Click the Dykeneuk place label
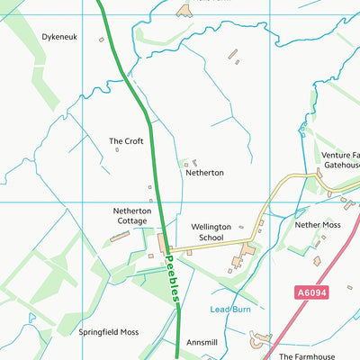[x=59, y=37]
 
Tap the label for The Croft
[x=126, y=141]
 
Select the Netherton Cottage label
[x=132, y=215]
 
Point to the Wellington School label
[x=211, y=232]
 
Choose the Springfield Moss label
[x=108, y=332]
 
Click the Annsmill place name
[x=202, y=343]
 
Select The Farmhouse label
[x=309, y=356]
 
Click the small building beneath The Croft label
[x=117, y=150]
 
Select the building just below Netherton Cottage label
[x=119, y=237]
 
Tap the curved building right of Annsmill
[x=261, y=338]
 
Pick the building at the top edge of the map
[x=184, y=10]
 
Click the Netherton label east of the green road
[x=204, y=172]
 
